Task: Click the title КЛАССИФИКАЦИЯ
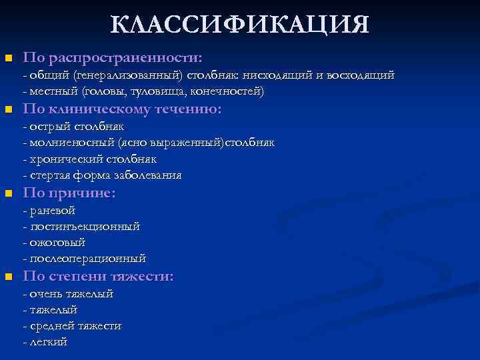(239, 25)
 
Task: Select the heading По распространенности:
(113, 57)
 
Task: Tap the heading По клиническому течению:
(122, 109)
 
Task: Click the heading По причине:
(69, 193)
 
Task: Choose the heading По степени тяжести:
(98, 276)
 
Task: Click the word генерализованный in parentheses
(127, 75)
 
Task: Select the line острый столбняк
(73, 127)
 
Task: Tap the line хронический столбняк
(89, 159)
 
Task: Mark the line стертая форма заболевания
(102, 175)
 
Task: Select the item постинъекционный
(81, 227)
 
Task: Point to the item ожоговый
(53, 243)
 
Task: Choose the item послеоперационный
(84, 259)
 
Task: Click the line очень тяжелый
(68, 293)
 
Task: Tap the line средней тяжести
(72, 326)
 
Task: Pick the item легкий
(45, 342)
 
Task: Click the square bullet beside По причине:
(8, 194)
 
